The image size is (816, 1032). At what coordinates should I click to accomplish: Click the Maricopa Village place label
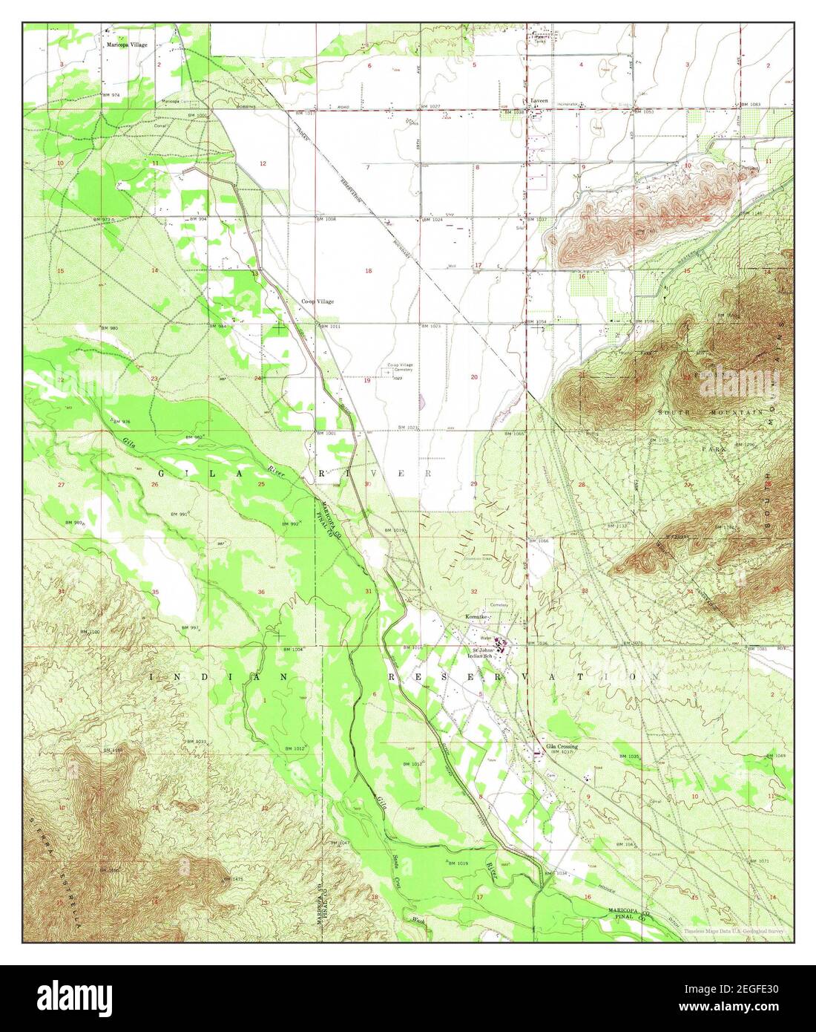click(125, 45)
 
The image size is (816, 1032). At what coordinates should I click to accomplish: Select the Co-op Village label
click(317, 301)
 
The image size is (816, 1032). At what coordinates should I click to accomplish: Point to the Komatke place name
click(475, 617)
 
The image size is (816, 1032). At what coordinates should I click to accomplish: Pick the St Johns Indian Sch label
click(486, 653)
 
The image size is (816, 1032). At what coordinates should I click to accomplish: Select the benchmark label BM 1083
click(750, 105)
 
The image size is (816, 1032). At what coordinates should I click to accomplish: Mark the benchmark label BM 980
click(110, 327)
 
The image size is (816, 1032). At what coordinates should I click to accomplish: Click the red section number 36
click(261, 592)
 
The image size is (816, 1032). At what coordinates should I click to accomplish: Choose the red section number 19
click(366, 381)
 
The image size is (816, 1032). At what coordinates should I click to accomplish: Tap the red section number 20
click(474, 377)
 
